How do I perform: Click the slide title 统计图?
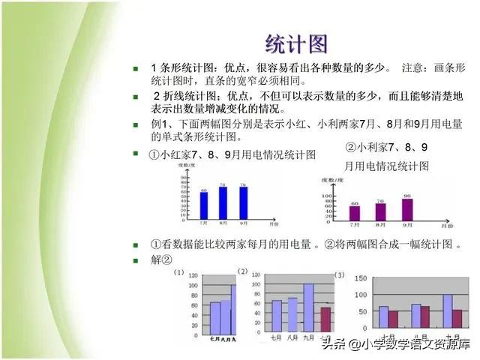tap(297, 43)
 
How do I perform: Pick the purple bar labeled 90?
tap(407, 209)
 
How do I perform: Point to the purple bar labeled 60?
tap(355, 213)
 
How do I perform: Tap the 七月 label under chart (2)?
tap(277, 336)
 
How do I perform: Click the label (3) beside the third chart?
tap(340, 275)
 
